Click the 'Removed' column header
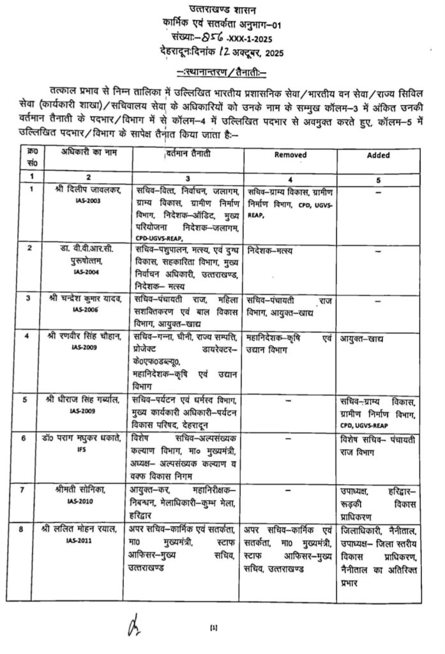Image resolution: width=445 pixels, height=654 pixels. click(290, 155)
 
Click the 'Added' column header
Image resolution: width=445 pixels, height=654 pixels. click(379, 155)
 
